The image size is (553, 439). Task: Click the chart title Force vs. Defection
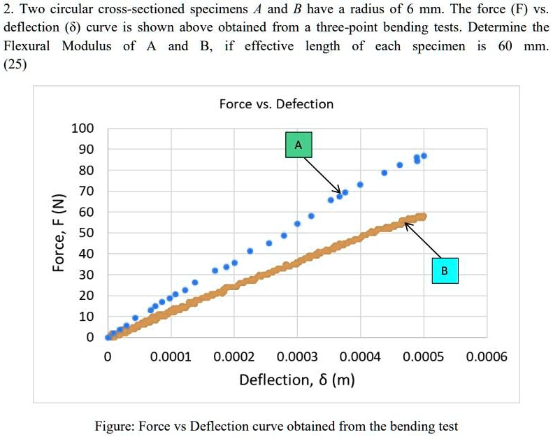tap(276, 104)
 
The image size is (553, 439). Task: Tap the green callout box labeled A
tap(299, 145)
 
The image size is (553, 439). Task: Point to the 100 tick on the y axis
tap(82, 129)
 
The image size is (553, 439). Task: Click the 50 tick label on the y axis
tap(85, 233)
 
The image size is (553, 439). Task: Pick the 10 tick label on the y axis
tap(85, 317)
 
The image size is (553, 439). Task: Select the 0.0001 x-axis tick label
tap(170, 357)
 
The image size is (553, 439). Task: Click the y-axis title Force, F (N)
tap(62, 233)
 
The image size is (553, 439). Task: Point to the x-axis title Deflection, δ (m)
tap(296, 380)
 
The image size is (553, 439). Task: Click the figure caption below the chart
tap(276, 426)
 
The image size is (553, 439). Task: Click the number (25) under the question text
tap(15, 64)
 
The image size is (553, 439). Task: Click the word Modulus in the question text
tap(85, 46)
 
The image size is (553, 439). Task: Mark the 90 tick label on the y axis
tap(85, 150)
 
